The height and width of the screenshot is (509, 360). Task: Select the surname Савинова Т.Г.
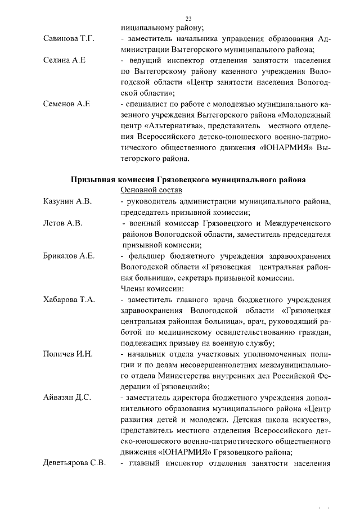(68, 38)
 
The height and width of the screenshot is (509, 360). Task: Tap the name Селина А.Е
(64, 60)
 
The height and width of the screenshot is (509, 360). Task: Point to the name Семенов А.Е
(67, 104)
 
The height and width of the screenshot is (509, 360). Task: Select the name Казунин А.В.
(67, 201)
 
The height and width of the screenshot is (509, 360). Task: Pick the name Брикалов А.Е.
(69, 256)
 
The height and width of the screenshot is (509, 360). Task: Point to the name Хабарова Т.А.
(69, 300)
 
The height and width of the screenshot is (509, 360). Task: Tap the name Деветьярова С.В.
(75, 463)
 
